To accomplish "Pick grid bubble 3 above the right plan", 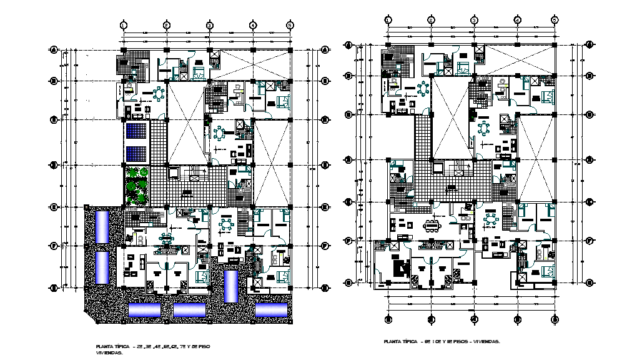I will click(x=474, y=19).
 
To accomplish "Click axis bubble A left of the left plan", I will click(x=54, y=49).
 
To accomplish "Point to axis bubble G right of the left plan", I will click(x=325, y=288).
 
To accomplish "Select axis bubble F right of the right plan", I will click(x=589, y=239).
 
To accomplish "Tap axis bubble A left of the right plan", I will click(x=350, y=44).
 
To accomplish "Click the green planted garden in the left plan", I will click(x=136, y=184).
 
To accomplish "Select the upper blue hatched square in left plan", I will click(x=136, y=131).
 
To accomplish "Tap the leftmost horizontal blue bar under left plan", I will click(x=144, y=309).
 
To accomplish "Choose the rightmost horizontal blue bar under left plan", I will click(x=271, y=309).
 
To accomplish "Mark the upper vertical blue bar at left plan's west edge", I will click(x=101, y=226).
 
